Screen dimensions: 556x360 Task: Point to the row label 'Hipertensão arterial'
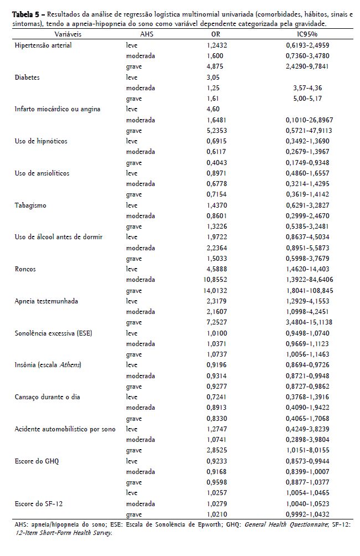pos(43,45)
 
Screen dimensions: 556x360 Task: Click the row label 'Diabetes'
pos(27,78)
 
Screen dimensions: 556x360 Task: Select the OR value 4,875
pos(215,66)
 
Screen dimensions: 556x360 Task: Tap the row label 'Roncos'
pos(25,270)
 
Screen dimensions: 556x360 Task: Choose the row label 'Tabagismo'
pos(30,205)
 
